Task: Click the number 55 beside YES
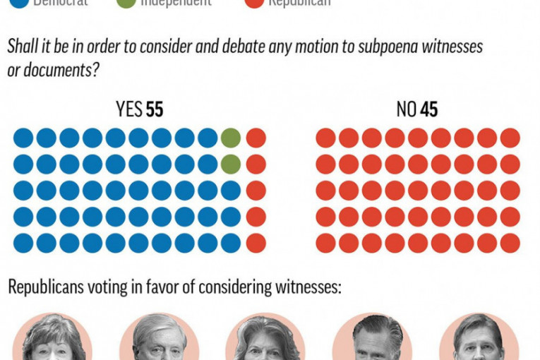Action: tap(155, 109)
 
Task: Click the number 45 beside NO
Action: tap(428, 109)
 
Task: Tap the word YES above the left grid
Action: tap(129, 109)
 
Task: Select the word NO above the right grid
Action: tap(406, 109)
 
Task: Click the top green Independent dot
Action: tap(231, 138)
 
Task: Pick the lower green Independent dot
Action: tap(231, 164)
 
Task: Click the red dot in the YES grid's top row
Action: tap(256, 138)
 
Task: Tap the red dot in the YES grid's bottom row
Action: tap(256, 243)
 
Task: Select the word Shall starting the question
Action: tap(21, 47)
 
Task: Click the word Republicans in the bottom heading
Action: tap(46, 287)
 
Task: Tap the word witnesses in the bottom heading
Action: tap(311, 287)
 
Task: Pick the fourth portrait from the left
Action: tap(372, 339)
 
